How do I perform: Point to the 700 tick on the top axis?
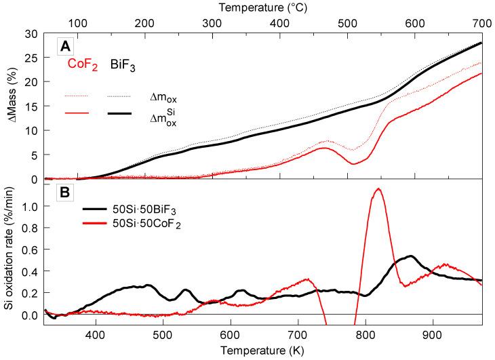click(481, 22)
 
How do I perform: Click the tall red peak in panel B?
click(378, 190)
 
